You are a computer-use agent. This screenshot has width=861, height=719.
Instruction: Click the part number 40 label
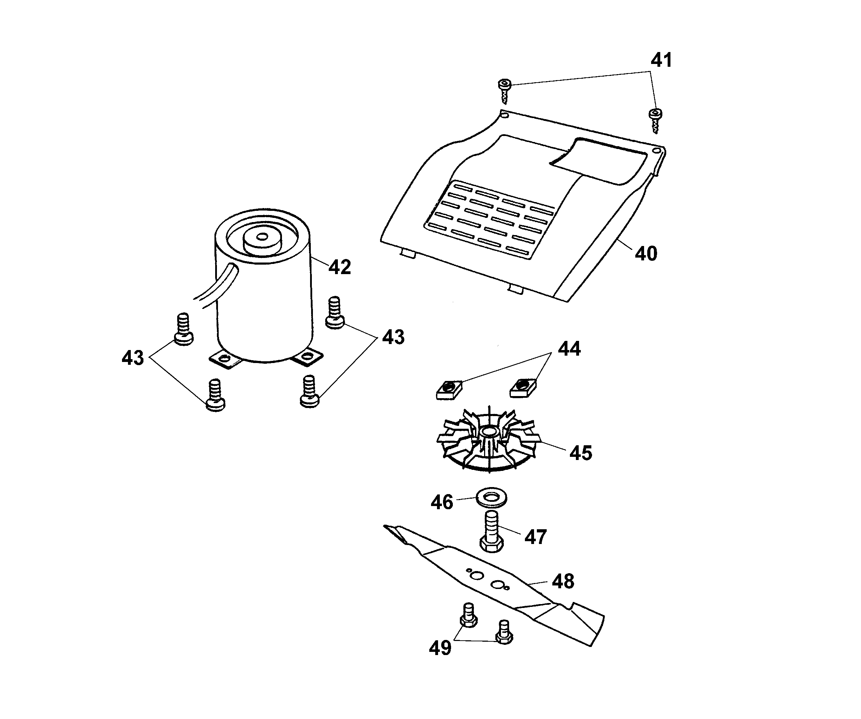coord(646,254)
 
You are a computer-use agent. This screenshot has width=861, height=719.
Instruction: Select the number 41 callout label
coord(661,60)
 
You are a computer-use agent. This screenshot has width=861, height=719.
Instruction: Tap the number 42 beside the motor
coord(340,267)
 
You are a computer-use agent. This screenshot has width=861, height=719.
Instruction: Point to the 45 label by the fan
coord(580,453)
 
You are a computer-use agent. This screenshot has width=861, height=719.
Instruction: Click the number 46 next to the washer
coord(442,502)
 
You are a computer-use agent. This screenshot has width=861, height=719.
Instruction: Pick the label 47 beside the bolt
coord(535,537)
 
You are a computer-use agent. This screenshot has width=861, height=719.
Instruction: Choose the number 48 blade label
coord(563,581)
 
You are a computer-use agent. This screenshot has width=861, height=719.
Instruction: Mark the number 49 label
coord(440,648)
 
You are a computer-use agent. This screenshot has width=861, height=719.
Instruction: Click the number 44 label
coord(569,349)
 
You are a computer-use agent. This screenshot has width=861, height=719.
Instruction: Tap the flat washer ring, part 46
coord(491,498)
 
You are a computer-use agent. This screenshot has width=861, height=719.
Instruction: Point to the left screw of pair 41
coord(505,91)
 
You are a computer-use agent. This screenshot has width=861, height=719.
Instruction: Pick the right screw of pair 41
coord(655,120)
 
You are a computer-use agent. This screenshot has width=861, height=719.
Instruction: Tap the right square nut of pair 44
coord(523,387)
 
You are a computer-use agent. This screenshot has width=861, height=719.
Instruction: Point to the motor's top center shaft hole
coord(262,237)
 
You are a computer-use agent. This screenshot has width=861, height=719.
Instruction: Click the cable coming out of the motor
coord(217,287)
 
